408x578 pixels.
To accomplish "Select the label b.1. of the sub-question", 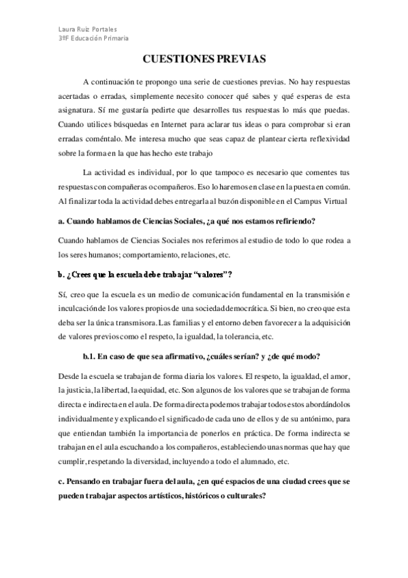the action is coord(91,357).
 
